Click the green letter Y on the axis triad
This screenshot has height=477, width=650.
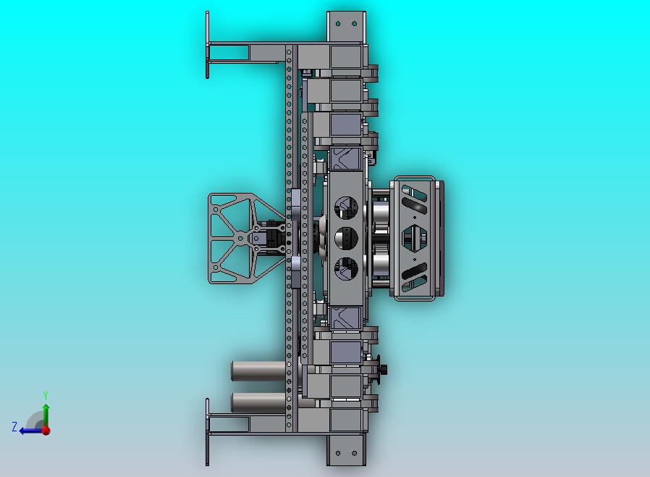coord(46,395)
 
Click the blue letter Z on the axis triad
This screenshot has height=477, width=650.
coord(15,427)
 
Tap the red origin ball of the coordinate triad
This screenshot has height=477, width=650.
coord(46,431)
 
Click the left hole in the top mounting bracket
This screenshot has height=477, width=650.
coord(338,24)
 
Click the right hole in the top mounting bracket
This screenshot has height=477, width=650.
coord(355,24)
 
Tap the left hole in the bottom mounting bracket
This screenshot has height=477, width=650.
coord(338,453)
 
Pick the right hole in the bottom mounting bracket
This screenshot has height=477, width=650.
coord(355,453)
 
